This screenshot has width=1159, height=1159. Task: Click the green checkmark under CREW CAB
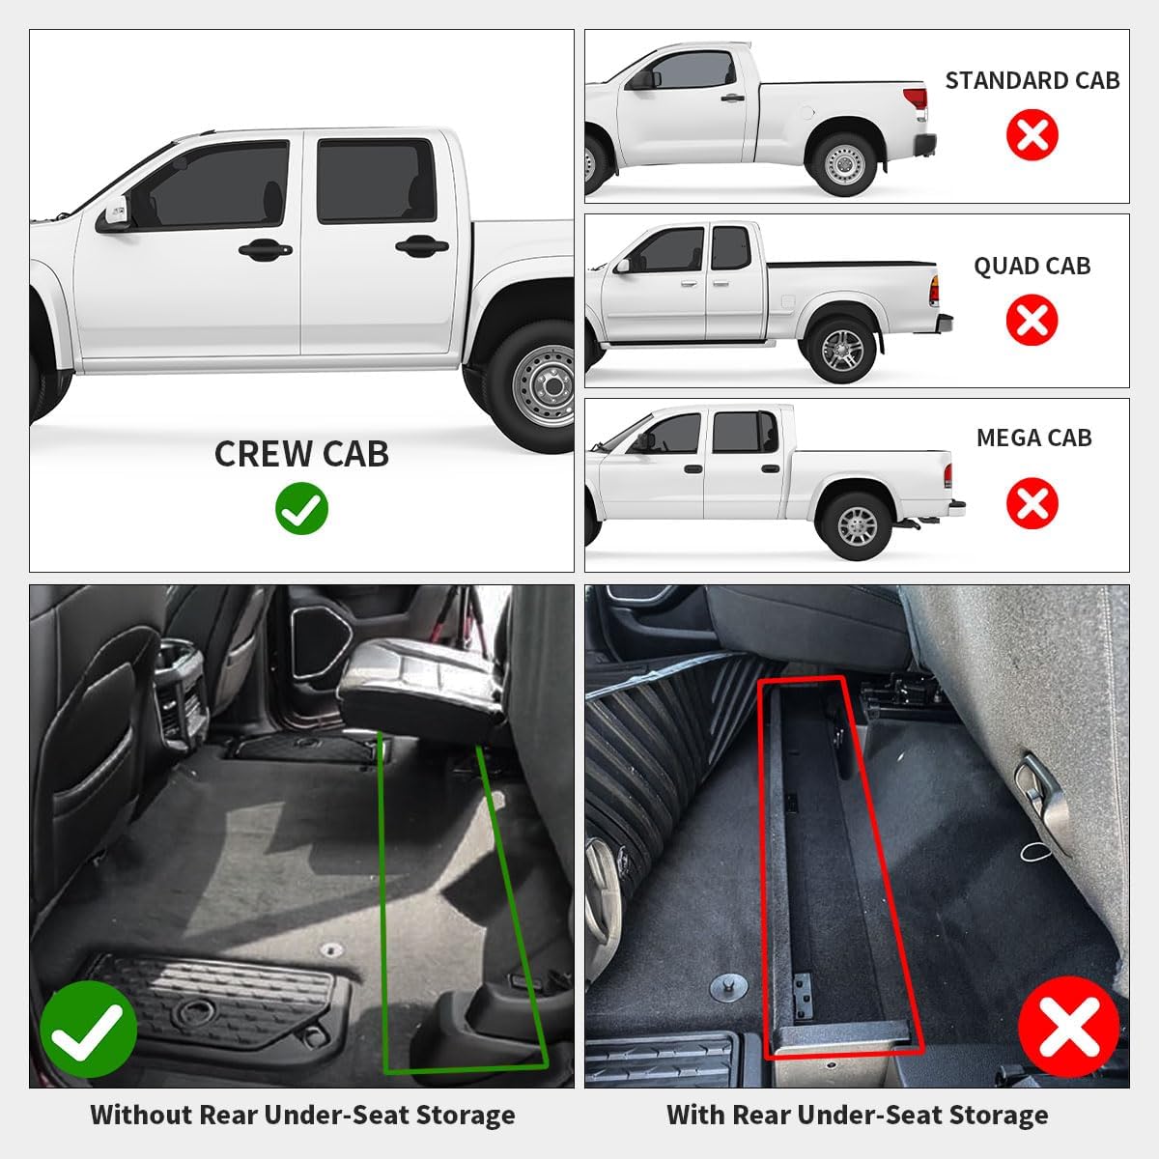301,508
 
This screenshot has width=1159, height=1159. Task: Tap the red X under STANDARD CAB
1032,134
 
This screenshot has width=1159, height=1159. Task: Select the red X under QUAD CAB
1032,320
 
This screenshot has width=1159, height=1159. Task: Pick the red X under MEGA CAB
1032,503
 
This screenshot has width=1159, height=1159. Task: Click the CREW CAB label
301,454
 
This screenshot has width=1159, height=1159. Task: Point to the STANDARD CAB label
1032,80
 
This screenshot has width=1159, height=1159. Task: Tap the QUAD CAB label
1032,266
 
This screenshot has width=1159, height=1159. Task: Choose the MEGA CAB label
1033,438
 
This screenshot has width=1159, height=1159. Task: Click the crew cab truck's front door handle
266,249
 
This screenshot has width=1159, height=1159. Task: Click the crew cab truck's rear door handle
422,245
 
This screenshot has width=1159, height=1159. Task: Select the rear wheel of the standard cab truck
844,163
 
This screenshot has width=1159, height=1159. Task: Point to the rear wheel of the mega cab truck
858,526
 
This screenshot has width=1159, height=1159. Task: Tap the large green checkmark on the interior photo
89,1029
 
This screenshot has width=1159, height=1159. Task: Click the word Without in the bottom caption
141,1115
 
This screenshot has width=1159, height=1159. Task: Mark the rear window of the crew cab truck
376,181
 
